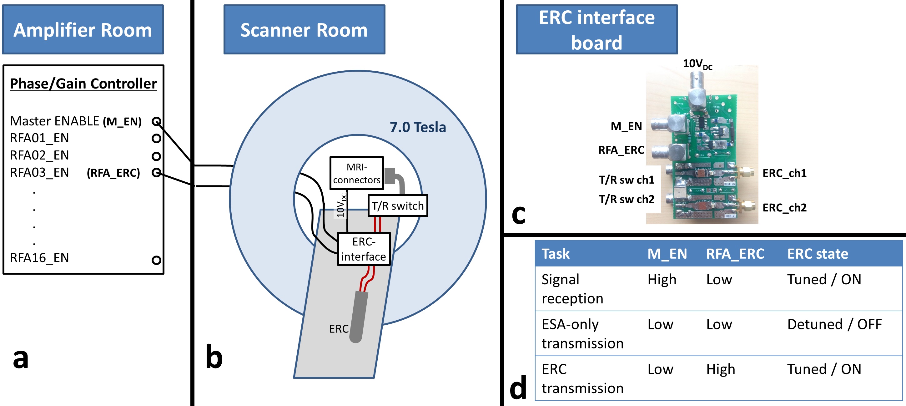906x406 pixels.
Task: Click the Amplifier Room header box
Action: click(83, 29)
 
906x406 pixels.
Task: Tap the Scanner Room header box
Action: click(304, 29)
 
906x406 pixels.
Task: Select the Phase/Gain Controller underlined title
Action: click(83, 84)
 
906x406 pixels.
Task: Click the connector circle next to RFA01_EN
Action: click(156, 138)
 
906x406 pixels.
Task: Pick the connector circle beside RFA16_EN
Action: click(156, 260)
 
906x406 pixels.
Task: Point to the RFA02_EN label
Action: click(39, 155)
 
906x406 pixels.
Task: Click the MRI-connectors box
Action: click(357, 173)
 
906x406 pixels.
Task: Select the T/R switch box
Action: click(398, 206)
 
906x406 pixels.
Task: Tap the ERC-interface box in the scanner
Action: click(364, 249)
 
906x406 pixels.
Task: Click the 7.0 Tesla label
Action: click(417, 127)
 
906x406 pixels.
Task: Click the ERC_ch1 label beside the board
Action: click(784, 173)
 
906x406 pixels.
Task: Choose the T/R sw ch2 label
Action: click(627, 199)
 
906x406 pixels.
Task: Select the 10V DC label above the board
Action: click(697, 64)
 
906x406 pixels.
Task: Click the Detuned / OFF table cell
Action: click(834, 324)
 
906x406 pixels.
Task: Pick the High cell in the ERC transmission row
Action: click(721, 369)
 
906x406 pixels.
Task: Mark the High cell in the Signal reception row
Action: click(662, 279)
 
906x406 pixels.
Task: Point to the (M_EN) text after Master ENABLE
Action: click(122, 121)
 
